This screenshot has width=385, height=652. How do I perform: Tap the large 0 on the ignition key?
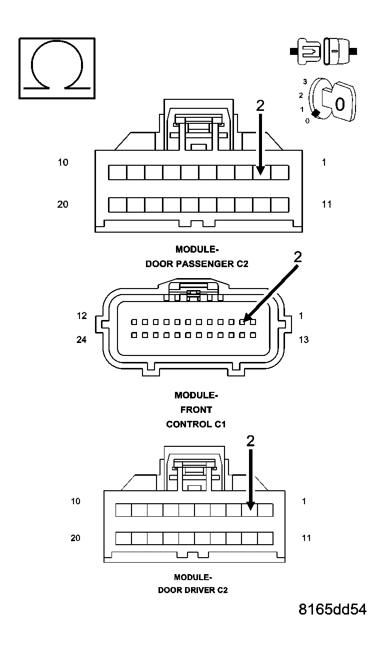(339, 104)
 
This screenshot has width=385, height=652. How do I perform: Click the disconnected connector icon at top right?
(323, 51)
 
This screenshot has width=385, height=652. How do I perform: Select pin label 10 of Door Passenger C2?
(63, 162)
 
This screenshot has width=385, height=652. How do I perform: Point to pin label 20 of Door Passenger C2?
(63, 204)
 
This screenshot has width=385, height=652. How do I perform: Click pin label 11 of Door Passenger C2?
(326, 204)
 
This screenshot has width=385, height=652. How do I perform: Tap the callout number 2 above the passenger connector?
(260, 105)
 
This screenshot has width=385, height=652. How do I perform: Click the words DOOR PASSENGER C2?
(196, 264)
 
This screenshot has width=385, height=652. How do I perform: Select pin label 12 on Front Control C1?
(81, 316)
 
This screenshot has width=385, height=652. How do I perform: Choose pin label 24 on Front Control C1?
(81, 339)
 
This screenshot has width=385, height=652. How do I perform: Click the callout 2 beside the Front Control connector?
(298, 257)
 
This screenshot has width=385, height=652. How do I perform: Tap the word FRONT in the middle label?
(196, 410)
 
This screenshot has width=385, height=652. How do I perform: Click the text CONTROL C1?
(196, 424)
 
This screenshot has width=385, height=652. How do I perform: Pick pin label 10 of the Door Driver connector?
(75, 501)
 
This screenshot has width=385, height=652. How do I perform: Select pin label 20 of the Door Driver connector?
(75, 538)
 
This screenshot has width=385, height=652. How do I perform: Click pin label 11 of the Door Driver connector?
(306, 538)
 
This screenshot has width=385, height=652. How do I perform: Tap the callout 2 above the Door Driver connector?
(250, 441)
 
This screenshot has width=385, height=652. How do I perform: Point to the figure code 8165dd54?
(332, 610)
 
